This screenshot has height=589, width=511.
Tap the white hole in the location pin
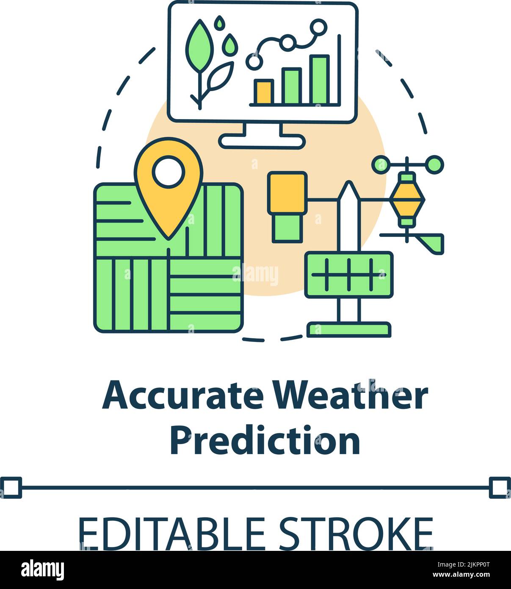coord(168,172)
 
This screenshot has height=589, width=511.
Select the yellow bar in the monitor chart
coord(263,92)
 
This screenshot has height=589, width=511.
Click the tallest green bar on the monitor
coord(319,80)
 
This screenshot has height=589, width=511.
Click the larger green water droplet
coord(230,44)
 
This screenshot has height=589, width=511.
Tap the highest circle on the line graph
coord(318,28)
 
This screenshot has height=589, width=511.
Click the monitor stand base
coord(262,142)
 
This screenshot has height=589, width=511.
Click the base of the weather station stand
coord(349,329)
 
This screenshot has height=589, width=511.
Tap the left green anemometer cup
coord(381,164)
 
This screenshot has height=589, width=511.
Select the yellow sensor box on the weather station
coord(287,193)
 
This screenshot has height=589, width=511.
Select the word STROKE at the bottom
coord(355,533)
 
